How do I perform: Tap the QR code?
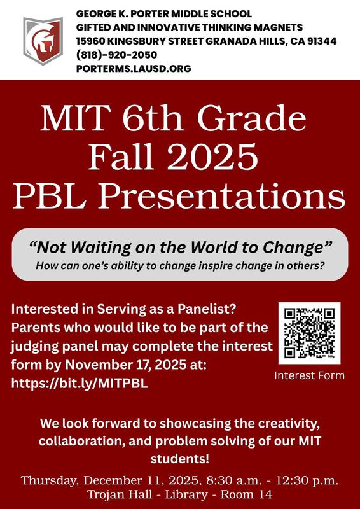[x=309, y=332]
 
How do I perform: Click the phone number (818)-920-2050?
[x=116, y=55]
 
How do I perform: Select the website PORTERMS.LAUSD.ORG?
[x=134, y=68]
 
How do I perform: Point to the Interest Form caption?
[x=309, y=375]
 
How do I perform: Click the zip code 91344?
[x=319, y=41]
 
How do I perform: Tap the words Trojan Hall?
[x=114, y=495]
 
